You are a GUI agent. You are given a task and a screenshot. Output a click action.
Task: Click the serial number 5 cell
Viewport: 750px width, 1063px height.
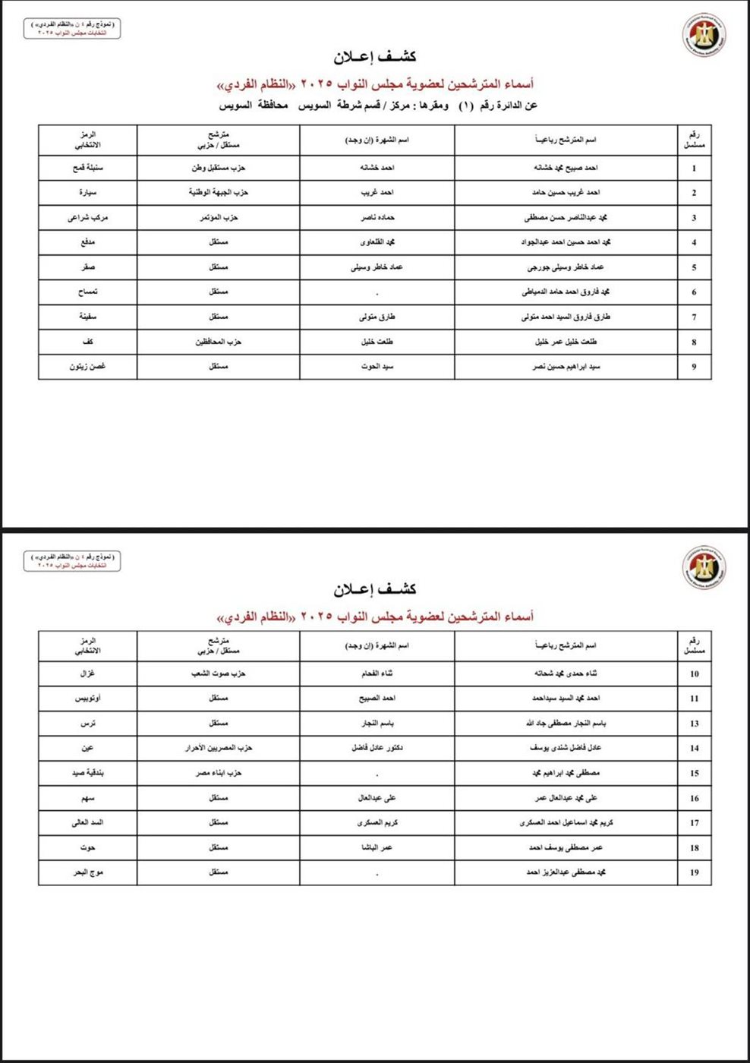point(694,267)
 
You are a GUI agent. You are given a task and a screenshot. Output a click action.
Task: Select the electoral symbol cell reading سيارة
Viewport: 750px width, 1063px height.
point(88,193)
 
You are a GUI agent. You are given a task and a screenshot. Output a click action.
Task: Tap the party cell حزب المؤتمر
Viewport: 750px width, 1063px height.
point(219,218)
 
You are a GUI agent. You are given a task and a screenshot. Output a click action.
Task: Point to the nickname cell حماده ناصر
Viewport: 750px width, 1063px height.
point(377,218)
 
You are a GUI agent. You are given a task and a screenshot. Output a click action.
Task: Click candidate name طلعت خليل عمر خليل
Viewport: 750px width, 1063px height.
point(566,342)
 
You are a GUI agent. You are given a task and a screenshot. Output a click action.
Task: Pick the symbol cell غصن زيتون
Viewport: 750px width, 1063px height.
point(88,367)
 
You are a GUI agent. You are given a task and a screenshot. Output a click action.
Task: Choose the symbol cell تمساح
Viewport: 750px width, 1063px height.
point(88,292)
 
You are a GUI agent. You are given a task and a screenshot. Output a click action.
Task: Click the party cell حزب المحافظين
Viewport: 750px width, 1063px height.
point(219,342)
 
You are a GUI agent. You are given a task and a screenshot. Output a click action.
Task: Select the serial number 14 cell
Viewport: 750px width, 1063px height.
point(694,749)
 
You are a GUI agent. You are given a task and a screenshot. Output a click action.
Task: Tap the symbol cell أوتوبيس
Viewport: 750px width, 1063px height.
point(88,699)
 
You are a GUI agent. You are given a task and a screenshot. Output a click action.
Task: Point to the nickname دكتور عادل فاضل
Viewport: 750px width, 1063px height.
point(377,748)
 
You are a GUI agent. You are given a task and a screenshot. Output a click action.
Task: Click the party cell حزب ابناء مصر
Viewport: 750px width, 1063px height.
point(219,773)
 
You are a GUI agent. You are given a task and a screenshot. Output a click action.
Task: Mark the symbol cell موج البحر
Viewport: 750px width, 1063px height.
point(88,872)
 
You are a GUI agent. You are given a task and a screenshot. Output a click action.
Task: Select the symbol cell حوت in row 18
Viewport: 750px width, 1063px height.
point(88,847)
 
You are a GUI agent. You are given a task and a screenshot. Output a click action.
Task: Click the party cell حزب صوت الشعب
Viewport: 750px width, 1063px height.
point(219,673)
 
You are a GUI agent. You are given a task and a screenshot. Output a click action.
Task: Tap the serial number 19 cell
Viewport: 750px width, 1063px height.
point(694,872)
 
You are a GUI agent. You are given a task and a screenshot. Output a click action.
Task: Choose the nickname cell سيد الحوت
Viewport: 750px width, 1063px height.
point(377,367)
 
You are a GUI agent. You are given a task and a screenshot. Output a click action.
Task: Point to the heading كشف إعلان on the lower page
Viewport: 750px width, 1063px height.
point(375,589)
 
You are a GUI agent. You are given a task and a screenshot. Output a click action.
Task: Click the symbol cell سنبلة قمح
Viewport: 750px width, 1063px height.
point(88,168)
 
